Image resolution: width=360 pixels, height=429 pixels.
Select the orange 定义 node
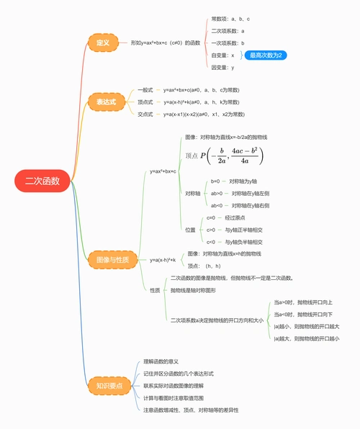[102, 43]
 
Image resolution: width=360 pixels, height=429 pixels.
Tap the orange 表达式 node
[106, 101]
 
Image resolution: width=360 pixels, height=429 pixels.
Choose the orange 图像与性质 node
[112, 259]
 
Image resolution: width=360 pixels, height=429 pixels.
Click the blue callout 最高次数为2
[266, 55]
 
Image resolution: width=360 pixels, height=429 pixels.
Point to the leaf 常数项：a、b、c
[230, 19]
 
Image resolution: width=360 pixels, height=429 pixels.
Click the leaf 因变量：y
[222, 67]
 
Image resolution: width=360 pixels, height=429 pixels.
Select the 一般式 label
[145, 90]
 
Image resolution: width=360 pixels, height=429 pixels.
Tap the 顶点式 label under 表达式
[145, 102]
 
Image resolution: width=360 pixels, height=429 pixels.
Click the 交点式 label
[145, 114]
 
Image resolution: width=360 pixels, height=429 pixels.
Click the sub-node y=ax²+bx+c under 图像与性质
[163, 171]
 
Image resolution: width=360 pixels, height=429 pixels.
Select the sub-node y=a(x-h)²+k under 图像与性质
[163, 259]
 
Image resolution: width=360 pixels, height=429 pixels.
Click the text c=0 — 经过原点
[227, 217]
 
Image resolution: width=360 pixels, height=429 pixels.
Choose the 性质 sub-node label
[155, 290]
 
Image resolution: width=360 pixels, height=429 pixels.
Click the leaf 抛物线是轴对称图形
[194, 290]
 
